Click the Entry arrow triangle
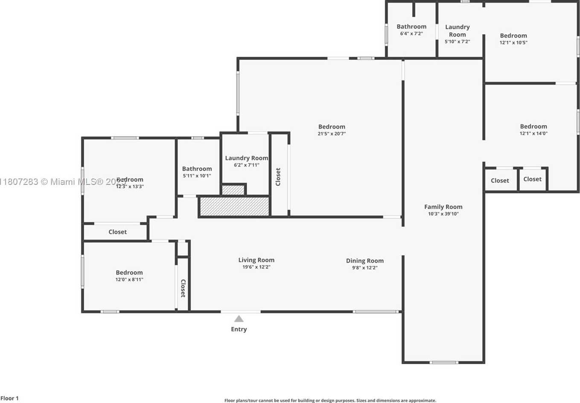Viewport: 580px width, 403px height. (x=239, y=318)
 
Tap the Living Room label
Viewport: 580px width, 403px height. (x=256, y=260)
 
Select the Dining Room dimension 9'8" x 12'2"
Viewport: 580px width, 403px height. (x=364, y=268)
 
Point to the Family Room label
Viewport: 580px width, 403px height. (x=443, y=207)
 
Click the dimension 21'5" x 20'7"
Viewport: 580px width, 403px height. (x=332, y=134)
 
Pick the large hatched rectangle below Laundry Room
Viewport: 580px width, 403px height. (x=235, y=206)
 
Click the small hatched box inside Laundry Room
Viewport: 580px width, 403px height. (x=233, y=190)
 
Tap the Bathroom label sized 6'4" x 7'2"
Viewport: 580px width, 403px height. (x=411, y=26)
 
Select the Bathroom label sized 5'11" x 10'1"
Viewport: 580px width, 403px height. (x=197, y=169)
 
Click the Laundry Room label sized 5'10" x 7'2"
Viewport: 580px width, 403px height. (x=457, y=31)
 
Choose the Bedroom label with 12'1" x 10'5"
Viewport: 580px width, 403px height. (x=513, y=36)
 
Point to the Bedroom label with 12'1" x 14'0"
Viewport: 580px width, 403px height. (x=533, y=126)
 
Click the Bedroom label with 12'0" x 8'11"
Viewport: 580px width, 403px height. (x=129, y=272)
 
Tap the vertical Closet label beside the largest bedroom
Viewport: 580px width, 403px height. (x=278, y=176)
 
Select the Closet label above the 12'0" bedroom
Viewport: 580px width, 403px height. (x=117, y=232)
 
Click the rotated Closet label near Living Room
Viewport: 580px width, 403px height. (x=183, y=288)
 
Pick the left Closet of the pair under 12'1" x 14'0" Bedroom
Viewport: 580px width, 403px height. (x=500, y=181)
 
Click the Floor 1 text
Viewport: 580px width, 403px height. (x=9, y=398)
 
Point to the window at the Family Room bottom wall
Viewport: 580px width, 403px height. (x=444, y=362)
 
